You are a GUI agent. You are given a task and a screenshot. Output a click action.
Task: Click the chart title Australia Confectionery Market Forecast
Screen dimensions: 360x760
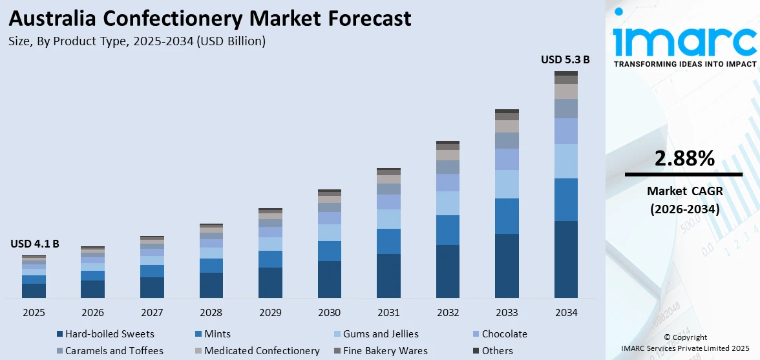coord(209,18)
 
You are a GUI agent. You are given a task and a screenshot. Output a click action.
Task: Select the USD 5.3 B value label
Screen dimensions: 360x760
coord(565,59)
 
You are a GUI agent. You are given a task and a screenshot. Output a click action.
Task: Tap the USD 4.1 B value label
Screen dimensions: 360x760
coord(35,244)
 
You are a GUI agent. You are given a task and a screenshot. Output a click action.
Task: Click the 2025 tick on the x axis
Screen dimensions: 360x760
coord(34,313)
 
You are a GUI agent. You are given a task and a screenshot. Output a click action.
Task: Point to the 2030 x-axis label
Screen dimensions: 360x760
coord(330,313)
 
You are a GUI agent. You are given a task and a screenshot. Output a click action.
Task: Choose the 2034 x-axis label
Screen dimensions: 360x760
coord(565,313)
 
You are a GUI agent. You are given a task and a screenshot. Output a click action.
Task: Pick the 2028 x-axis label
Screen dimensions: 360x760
coord(211,313)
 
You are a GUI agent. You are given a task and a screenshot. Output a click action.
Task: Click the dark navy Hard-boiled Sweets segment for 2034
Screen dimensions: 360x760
coord(565,259)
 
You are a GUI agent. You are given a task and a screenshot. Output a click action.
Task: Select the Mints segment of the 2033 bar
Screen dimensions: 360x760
coord(507,216)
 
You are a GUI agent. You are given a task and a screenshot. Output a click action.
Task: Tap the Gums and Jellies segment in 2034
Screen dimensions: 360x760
coord(565,161)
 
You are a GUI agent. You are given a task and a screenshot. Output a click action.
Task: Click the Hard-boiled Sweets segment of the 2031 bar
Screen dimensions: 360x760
coord(388,276)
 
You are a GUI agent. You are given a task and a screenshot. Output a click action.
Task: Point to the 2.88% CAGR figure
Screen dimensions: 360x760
coord(684,158)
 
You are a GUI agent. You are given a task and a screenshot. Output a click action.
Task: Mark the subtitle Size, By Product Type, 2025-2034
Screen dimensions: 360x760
coord(137,41)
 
